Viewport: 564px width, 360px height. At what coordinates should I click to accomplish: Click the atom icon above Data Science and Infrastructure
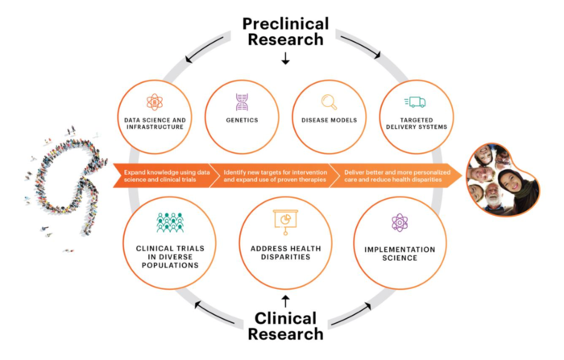coord(155,101)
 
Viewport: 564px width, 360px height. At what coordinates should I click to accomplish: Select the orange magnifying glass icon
coord(329,101)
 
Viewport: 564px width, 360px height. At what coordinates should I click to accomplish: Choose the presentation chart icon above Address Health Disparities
coord(285,219)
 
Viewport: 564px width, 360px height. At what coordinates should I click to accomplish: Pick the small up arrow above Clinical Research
coord(285,302)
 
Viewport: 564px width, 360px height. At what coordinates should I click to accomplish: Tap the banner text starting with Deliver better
coord(384,176)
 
